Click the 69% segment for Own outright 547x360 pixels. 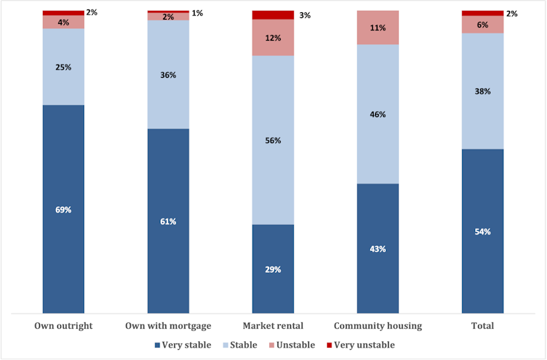[x=63, y=209]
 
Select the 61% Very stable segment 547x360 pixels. [x=168, y=221]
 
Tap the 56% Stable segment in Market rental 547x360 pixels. [x=273, y=140]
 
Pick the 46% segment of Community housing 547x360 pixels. [x=377, y=114]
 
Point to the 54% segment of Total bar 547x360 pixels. [x=482, y=231]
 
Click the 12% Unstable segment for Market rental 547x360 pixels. [x=273, y=38]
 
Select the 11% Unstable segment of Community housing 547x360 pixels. [x=377, y=28]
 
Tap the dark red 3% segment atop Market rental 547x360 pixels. [x=273, y=15]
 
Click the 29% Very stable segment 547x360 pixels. [x=273, y=269]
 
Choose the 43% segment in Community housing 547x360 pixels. [x=377, y=248]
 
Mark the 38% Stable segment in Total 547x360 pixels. [x=482, y=91]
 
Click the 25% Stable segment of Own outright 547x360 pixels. [x=63, y=67]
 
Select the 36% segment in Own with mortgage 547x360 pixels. [x=168, y=74]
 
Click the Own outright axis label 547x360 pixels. [x=64, y=326]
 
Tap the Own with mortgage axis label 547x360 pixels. [x=168, y=326]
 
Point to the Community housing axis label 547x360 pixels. [x=377, y=326]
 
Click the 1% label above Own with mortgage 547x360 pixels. [x=197, y=13]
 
